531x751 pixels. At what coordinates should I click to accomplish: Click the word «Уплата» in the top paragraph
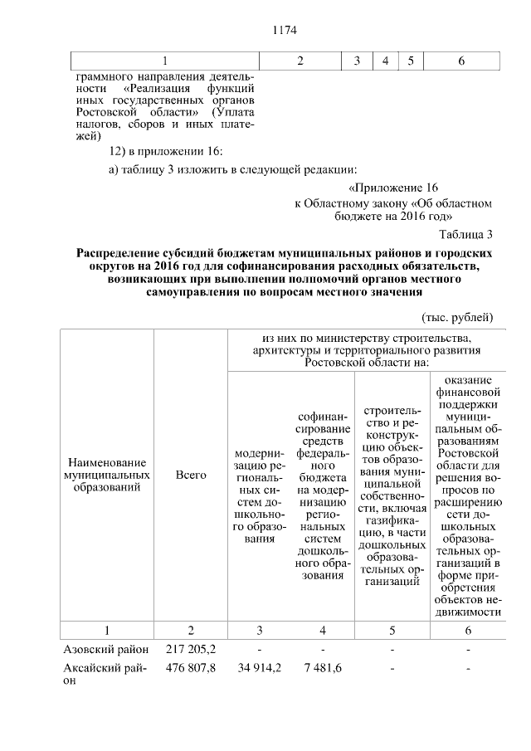click(233, 111)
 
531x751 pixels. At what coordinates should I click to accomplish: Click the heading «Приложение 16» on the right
click(393, 188)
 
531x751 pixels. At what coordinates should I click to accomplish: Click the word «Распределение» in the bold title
click(119, 251)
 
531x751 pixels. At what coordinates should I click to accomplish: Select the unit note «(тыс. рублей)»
click(457, 317)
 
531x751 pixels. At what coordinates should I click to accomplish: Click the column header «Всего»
click(191, 476)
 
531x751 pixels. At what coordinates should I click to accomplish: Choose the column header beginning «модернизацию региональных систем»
click(260, 496)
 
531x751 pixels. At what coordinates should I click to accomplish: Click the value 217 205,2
click(191, 650)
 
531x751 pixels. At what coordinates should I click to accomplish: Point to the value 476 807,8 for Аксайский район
click(191, 667)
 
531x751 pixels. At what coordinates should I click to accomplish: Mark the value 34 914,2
click(260, 667)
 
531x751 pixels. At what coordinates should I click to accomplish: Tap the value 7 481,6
click(322, 667)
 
